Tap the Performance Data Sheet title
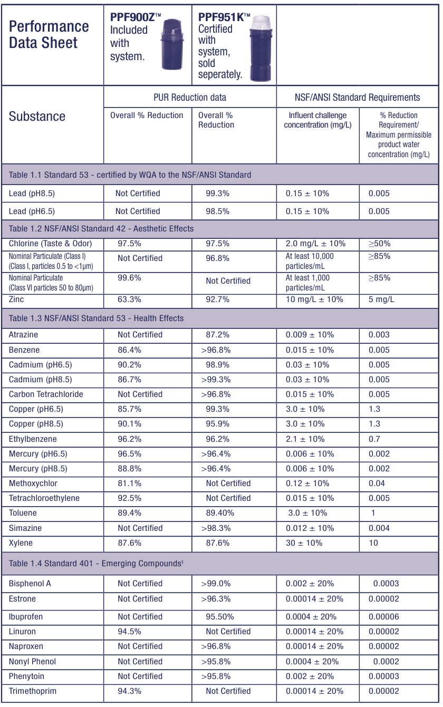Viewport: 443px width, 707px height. click(49, 35)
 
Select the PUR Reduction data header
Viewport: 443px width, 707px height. click(189, 97)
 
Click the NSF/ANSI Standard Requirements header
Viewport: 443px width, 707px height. click(357, 97)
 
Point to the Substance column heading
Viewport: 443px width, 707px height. click(37, 117)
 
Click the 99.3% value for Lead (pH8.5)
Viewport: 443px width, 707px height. click(217, 193)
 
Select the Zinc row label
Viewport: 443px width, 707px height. click(16, 299)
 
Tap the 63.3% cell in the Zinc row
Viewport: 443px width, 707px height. click(129, 299)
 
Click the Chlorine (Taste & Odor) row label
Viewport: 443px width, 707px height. click(50, 244)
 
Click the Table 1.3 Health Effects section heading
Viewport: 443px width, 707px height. click(96, 318)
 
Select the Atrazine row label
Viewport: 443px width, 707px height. click(23, 335)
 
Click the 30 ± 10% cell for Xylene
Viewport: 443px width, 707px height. click(304, 543)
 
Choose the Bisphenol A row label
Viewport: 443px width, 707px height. click(30, 584)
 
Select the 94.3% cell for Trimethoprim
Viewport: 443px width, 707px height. click(129, 691)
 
